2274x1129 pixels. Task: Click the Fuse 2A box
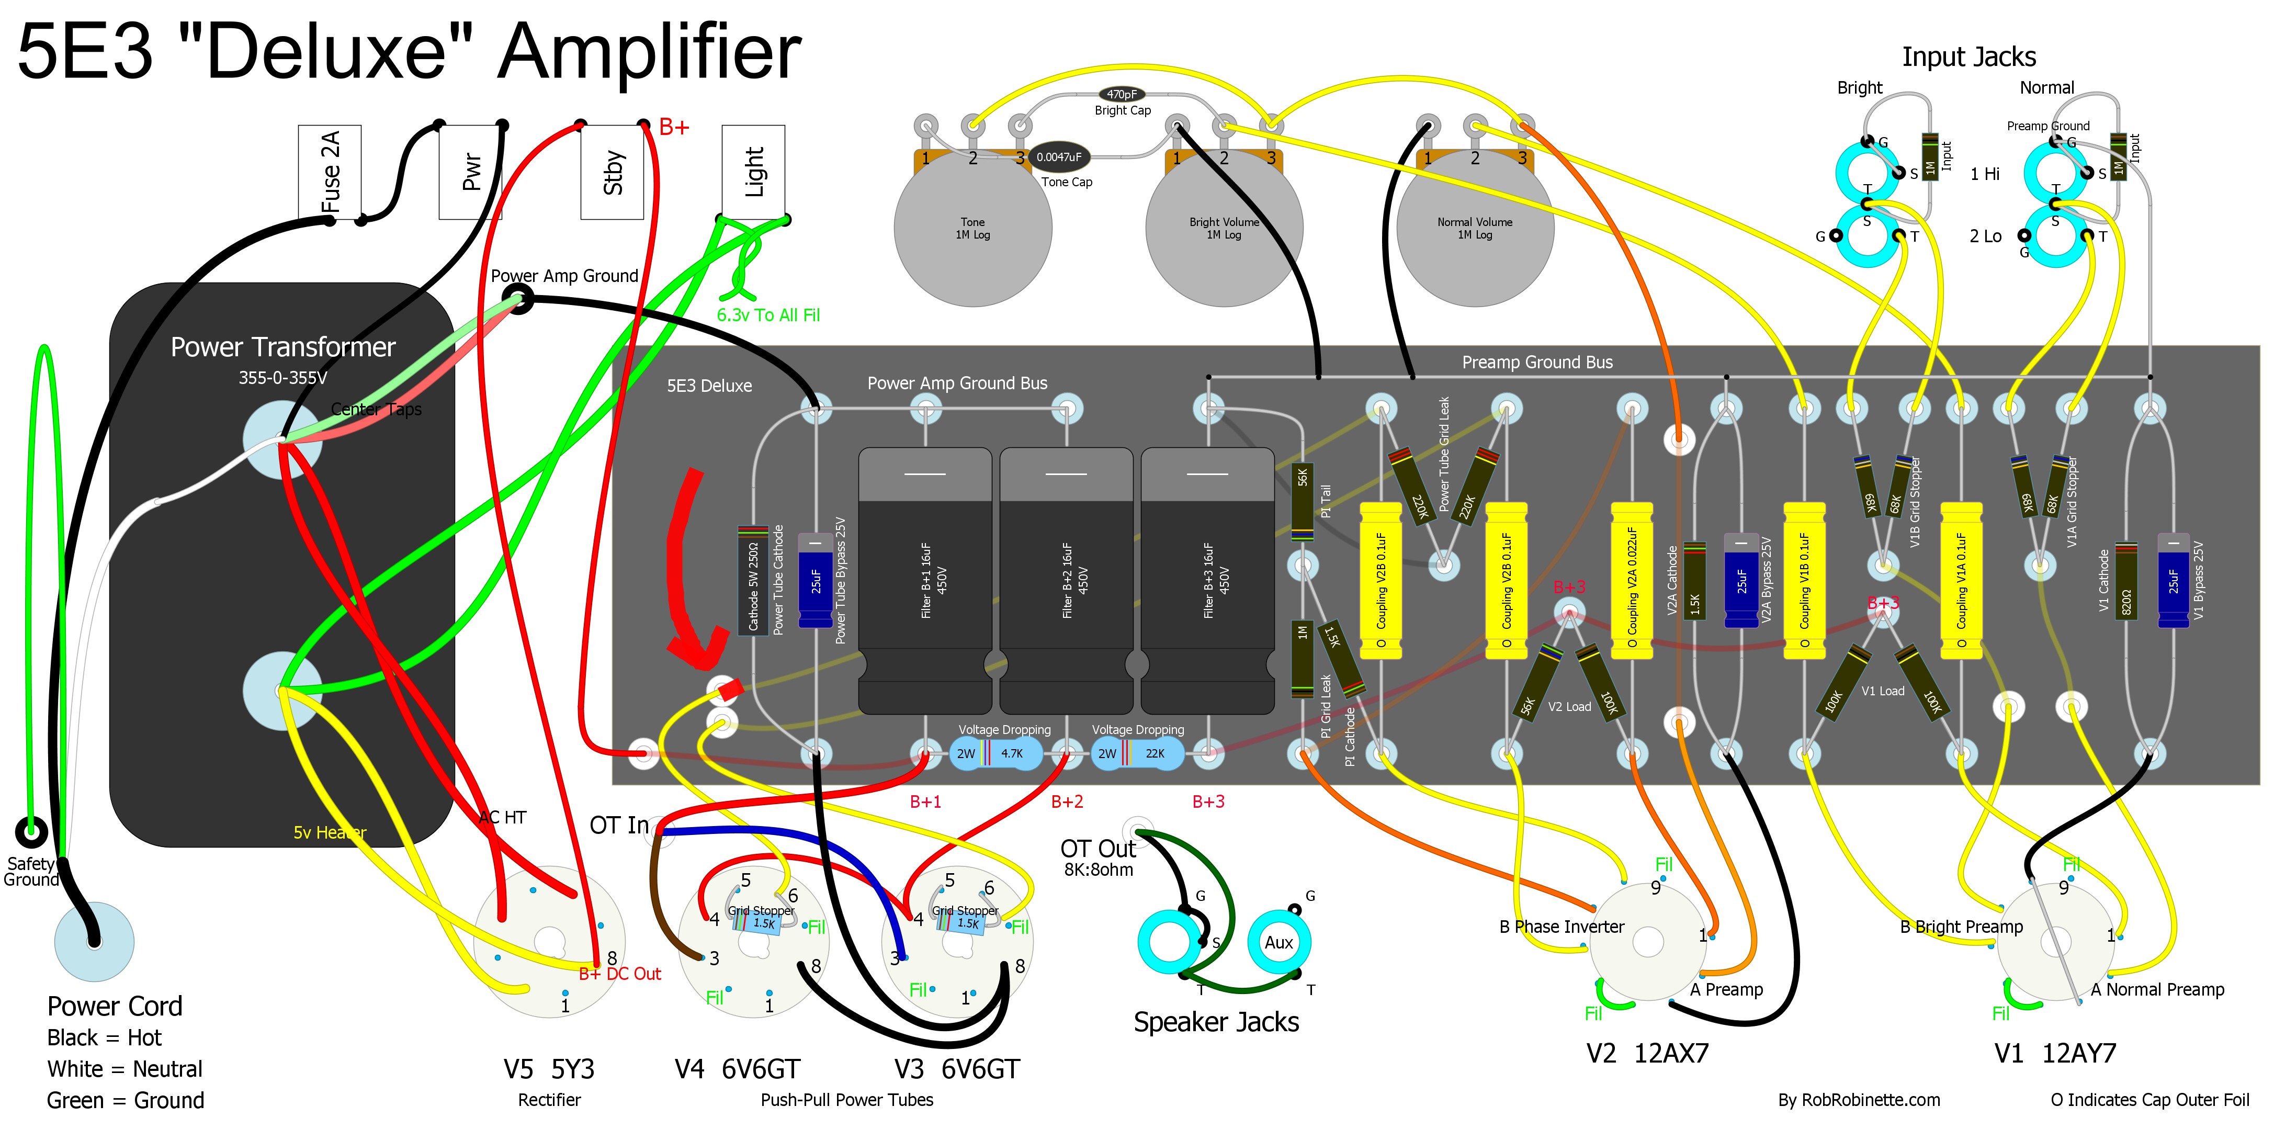[329, 172]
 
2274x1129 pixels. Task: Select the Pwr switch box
[470, 172]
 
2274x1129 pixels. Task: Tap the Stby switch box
[612, 172]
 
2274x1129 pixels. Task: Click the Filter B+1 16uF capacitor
[925, 580]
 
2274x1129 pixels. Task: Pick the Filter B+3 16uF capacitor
[1207, 580]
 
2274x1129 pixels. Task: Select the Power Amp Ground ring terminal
[520, 300]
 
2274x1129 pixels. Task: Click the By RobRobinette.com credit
[1859, 1100]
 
